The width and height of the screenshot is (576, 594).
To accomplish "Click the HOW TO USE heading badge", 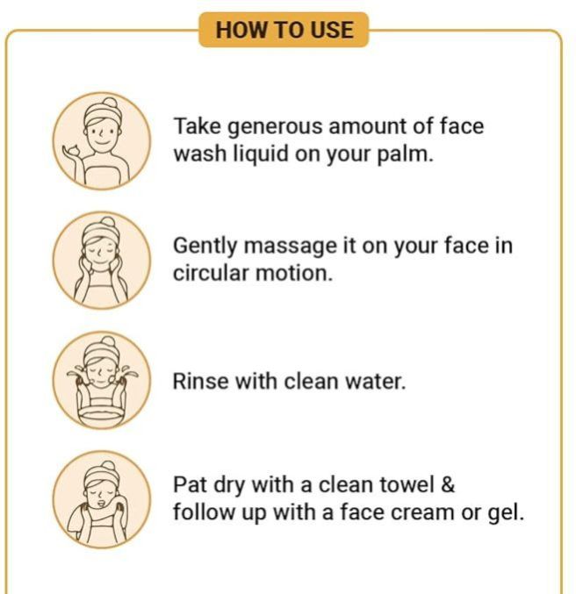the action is pyautogui.click(x=284, y=30).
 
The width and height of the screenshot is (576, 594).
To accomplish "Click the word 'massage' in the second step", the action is pyautogui.click(x=290, y=247).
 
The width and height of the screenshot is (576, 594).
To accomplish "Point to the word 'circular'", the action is pyautogui.click(x=211, y=272).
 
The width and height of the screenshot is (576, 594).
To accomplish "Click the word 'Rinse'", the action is pyautogui.click(x=200, y=381).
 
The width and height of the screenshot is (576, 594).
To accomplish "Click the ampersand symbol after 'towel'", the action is pyautogui.click(x=448, y=484).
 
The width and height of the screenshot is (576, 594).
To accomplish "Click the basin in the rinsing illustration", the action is pyautogui.click(x=101, y=414).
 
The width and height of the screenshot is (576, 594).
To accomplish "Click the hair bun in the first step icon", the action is pyautogui.click(x=111, y=103).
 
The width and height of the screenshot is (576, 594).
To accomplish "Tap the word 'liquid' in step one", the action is pyautogui.click(x=261, y=154).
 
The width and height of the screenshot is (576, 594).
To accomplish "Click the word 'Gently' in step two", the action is pyautogui.click(x=205, y=247).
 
